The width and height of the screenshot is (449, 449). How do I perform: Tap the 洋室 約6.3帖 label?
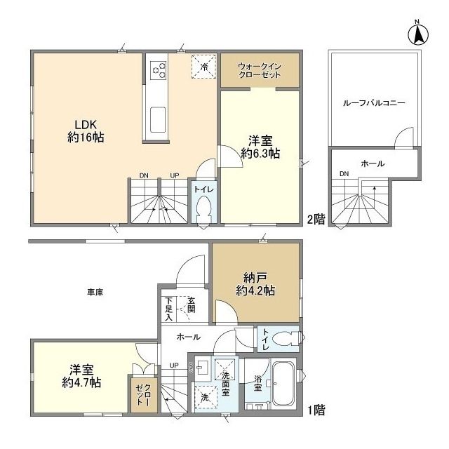[260, 145]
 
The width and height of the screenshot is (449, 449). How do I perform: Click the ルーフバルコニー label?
[374, 102]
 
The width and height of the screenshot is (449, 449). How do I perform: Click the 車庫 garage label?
[95, 292]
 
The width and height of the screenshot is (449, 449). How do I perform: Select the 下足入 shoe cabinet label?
[168, 309]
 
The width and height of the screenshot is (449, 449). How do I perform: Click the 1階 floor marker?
[315, 408]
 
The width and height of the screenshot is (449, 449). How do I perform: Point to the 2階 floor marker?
[316, 219]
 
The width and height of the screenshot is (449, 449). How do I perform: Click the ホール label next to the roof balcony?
[372, 163]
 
